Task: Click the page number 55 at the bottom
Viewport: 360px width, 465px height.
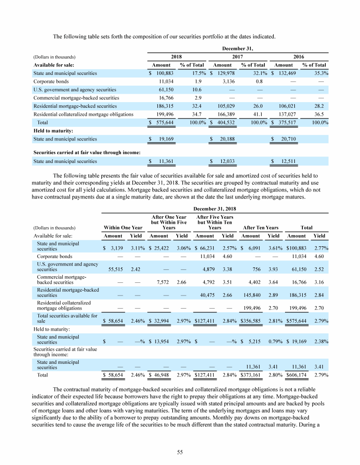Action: pyautogui.click(x=180, y=452)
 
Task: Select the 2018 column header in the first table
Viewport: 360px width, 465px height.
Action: pyautogui.click(x=176, y=56)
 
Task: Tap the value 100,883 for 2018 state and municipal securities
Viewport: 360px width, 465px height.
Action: pyautogui.click(x=158, y=73)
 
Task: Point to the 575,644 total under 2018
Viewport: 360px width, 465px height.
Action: pyautogui.click(x=158, y=122)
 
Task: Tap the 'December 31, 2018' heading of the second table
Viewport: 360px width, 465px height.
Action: pyautogui.click(x=215, y=208)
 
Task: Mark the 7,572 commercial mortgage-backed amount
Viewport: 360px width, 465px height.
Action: pyautogui.click(x=159, y=282)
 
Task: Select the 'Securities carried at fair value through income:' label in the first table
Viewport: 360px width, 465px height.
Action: pyautogui.click(x=87, y=152)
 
